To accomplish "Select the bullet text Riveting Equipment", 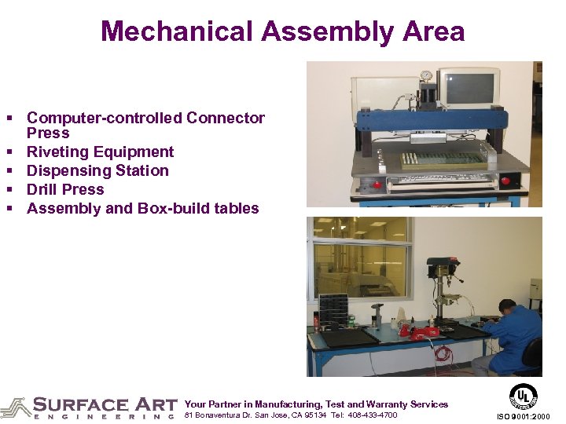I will pos(100,152).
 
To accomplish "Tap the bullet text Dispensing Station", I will pos(97,170).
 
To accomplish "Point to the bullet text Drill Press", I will pos(65,189).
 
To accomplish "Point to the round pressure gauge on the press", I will pos(426,76).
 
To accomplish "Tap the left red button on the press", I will pos(377,185).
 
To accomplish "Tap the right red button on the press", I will pos(504,181).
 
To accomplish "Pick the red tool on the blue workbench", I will pos(420,330).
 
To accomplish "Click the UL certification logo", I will pos(523,396).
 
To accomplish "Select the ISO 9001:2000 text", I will pos(524,416).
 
